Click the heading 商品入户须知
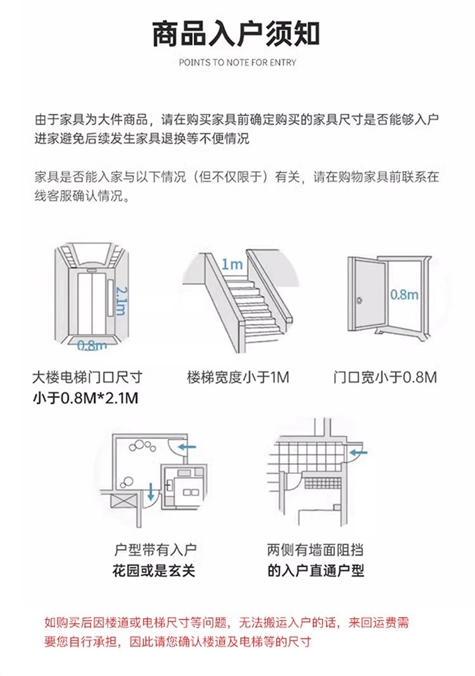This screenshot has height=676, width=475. [x=236, y=34]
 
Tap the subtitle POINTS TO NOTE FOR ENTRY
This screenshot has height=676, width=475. [x=237, y=63]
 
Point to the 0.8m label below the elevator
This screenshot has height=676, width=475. [x=91, y=345]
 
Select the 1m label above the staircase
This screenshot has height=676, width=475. [x=232, y=264]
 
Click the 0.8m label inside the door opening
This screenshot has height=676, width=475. [x=403, y=294]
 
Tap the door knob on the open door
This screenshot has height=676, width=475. [x=359, y=300]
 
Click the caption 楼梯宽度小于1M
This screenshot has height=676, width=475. [x=237, y=378]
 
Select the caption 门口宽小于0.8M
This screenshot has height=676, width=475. [x=385, y=378]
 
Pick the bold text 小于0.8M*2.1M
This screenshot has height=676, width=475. [x=85, y=399]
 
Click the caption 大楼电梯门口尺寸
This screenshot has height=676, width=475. [x=87, y=378]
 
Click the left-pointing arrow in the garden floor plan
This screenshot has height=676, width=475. [x=187, y=447]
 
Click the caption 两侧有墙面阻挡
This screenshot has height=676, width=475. [x=315, y=549]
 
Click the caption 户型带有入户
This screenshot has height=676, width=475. [x=154, y=549]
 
